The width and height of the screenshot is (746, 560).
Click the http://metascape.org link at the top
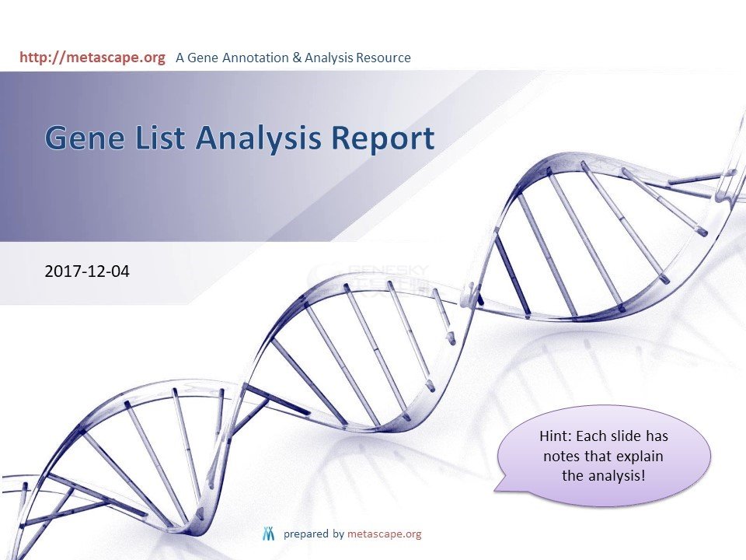click(x=92, y=58)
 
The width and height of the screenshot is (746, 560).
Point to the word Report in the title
click(x=383, y=139)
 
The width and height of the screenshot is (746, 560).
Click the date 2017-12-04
click(x=87, y=271)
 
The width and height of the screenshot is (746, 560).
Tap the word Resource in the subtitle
click(x=383, y=58)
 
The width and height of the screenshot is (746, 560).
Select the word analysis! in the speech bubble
click(x=617, y=476)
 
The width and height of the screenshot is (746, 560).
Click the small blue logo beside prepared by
click(x=269, y=534)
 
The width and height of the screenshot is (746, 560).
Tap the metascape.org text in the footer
click(x=385, y=534)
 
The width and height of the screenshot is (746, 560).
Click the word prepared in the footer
click(x=306, y=534)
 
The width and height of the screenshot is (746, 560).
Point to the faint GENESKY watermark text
click(x=389, y=270)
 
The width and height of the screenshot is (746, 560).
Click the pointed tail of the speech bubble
click(x=494, y=489)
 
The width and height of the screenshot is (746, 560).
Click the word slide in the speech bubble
click(x=626, y=436)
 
